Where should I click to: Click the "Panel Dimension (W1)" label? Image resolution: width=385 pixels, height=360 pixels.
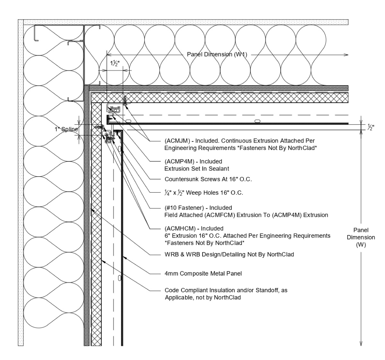pos(217,54)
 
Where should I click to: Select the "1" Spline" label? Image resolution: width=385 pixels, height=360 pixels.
pos(66,129)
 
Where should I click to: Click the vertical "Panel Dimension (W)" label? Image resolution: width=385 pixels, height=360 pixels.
pos(361,237)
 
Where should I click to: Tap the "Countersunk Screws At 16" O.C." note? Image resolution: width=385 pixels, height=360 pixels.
pos(208,179)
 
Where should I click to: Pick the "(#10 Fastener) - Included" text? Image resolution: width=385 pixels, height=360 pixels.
pos(198,208)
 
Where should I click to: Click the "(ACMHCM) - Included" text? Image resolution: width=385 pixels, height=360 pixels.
pos(194,228)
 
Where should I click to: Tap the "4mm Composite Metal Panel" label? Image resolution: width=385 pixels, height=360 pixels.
pos(203,274)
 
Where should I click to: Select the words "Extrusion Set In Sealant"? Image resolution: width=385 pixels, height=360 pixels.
pos(197,168)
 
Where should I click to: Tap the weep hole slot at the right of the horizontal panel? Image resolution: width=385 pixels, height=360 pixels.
pos(257,121)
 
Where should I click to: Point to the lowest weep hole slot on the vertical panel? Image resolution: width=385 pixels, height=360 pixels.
pos(119,277)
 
